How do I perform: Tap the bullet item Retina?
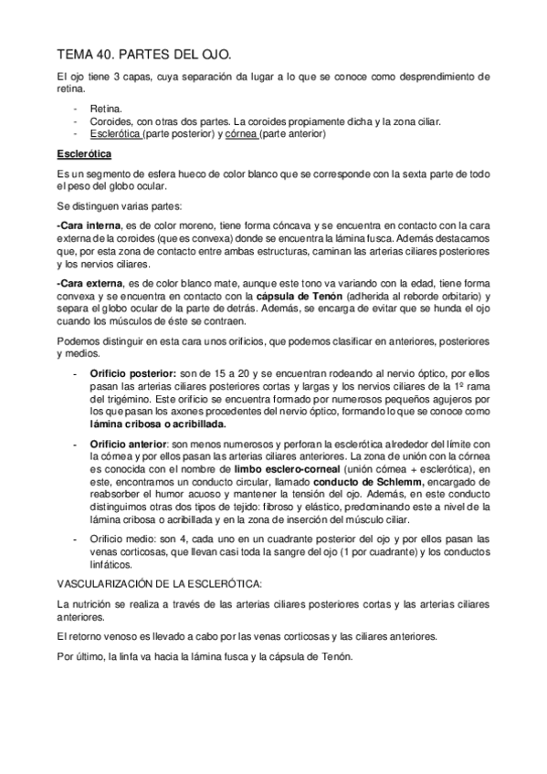tap(105, 108)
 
